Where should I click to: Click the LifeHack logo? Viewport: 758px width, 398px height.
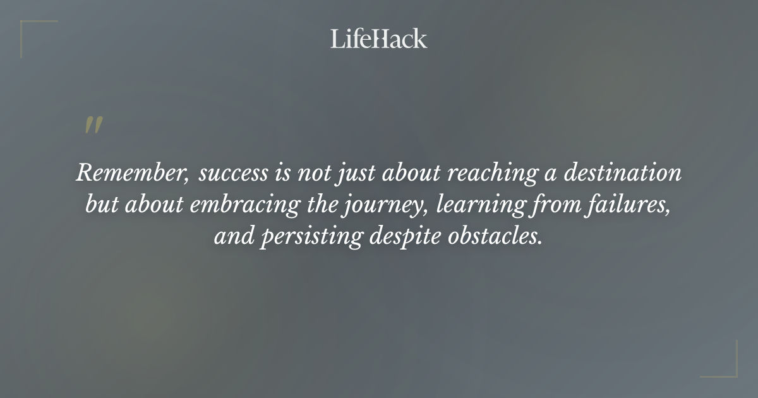379,39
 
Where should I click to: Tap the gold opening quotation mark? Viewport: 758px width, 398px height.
93,125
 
